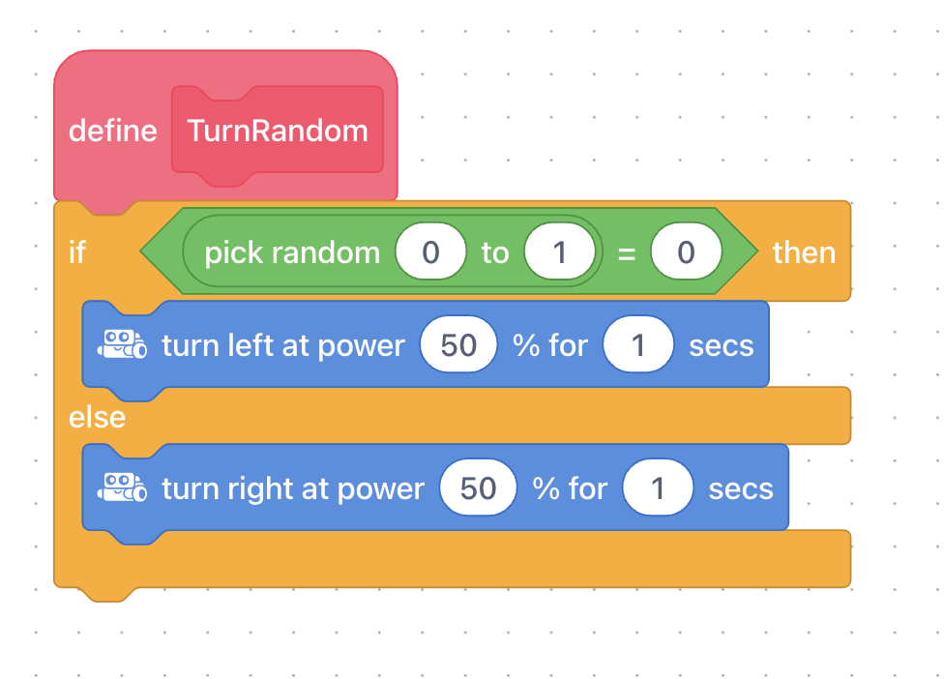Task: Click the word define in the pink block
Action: pyautogui.click(x=112, y=131)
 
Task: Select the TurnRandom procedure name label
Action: pyautogui.click(x=278, y=131)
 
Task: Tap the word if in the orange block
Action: pyautogui.click(x=77, y=252)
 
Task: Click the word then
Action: pyautogui.click(x=805, y=252)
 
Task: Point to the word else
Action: pyautogui.click(x=97, y=417)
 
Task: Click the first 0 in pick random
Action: pyautogui.click(x=430, y=251)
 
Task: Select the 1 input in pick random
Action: pyautogui.click(x=559, y=251)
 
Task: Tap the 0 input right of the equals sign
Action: pyautogui.click(x=686, y=251)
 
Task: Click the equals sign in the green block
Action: pyautogui.click(x=627, y=254)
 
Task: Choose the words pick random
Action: pyautogui.click(x=293, y=252)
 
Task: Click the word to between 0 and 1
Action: pyautogui.click(x=495, y=252)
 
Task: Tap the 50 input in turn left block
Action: pyautogui.click(x=458, y=345)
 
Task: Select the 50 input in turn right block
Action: pyautogui.click(x=478, y=488)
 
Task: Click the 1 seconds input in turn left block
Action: pyautogui.click(x=638, y=345)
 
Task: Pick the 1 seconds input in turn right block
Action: pyautogui.click(x=658, y=488)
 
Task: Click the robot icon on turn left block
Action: pyautogui.click(x=122, y=343)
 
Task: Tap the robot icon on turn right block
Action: pyautogui.click(x=122, y=487)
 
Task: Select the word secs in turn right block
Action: pyautogui.click(x=741, y=489)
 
